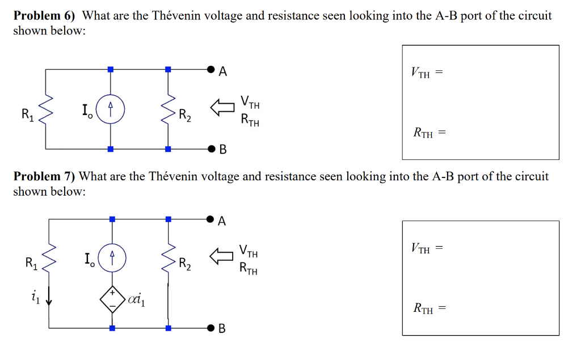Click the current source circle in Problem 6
(x=111, y=109)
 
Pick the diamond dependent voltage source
(x=112, y=298)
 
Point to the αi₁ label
(x=137, y=299)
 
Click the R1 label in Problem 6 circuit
(x=27, y=115)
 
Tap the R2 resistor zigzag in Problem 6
(x=168, y=109)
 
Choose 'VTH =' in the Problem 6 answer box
(x=425, y=73)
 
